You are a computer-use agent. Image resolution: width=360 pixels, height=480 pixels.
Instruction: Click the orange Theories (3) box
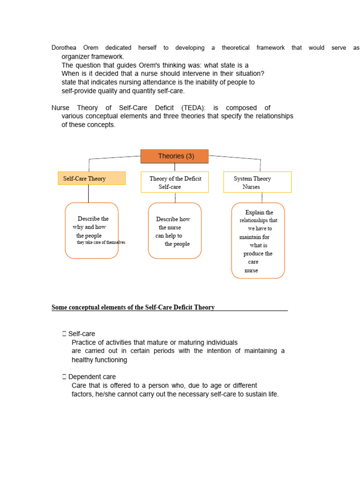(174, 156)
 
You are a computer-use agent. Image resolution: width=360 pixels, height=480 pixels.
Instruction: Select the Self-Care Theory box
(91, 178)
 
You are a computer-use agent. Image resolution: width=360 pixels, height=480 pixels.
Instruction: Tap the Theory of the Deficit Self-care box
(174, 182)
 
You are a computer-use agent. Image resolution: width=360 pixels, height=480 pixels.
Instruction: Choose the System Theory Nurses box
(257, 182)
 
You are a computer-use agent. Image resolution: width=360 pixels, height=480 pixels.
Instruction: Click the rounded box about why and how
(92, 231)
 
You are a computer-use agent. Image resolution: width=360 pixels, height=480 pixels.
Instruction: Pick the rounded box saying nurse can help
(174, 231)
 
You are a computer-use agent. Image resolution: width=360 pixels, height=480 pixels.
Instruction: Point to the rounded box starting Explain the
(258, 240)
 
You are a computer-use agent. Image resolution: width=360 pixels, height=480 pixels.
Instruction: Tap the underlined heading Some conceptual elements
(133, 307)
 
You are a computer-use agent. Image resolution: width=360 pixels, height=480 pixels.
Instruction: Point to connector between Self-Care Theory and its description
(88, 194)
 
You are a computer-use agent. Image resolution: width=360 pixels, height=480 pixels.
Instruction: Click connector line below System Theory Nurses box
(262, 197)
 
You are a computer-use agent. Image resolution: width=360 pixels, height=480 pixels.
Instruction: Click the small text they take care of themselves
(101, 243)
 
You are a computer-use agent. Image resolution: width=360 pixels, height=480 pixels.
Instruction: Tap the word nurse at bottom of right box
(251, 270)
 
